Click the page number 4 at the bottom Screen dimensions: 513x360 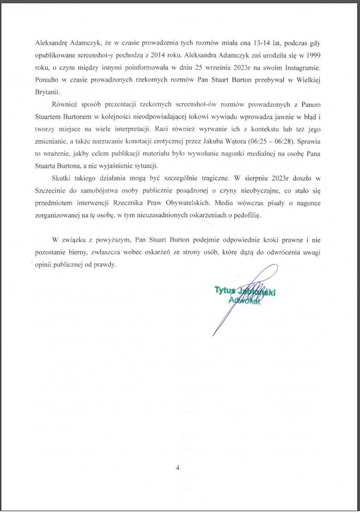coord(177,468)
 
